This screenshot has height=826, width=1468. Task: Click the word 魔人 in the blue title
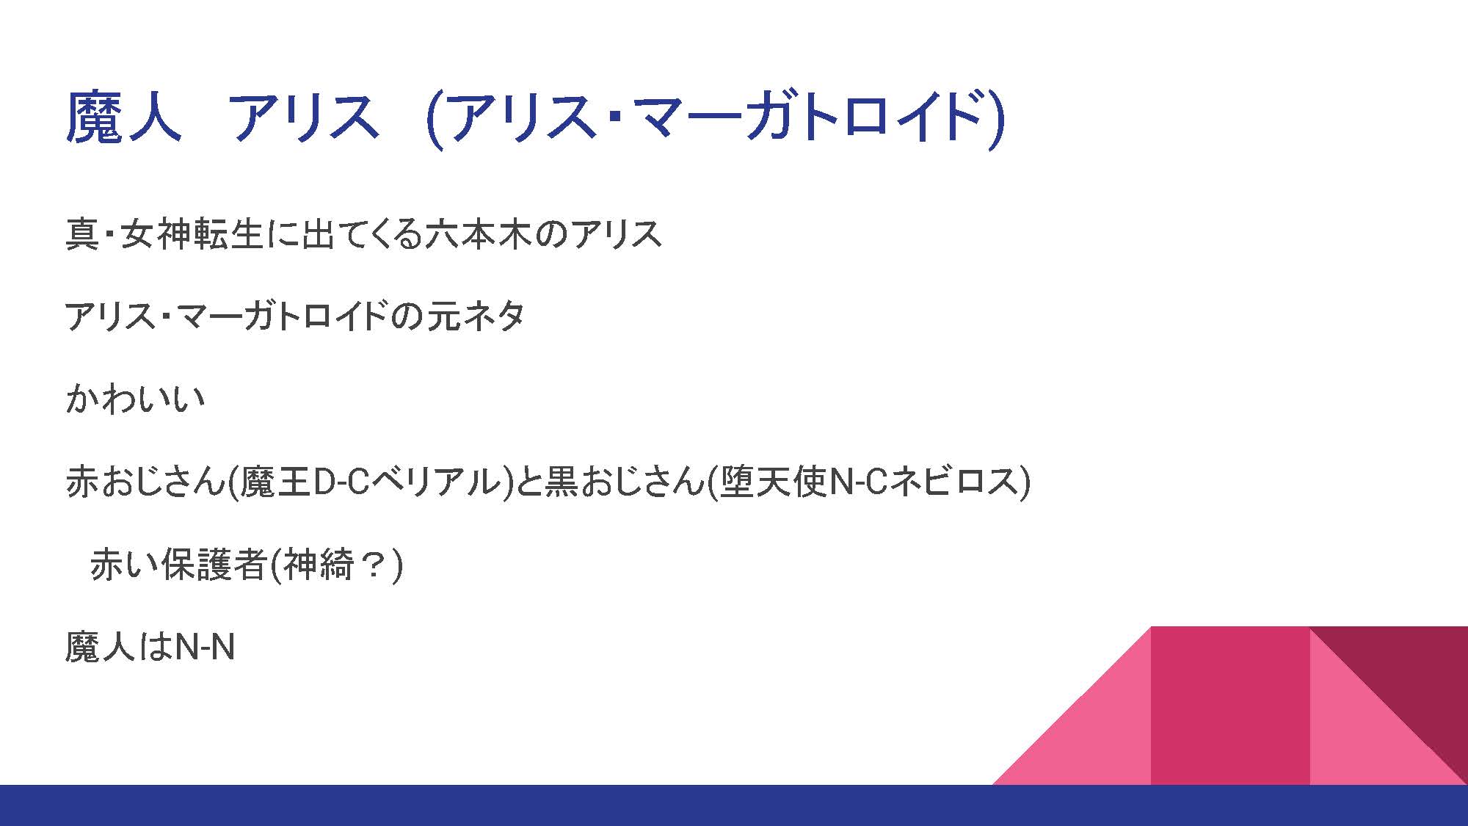[123, 117]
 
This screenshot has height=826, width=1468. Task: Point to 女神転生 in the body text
[192, 234]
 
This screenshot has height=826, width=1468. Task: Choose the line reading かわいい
[136, 399]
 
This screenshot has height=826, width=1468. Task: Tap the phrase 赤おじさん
[144, 482]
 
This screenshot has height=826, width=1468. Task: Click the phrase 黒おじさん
[623, 482]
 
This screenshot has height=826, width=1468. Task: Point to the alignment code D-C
[341, 482]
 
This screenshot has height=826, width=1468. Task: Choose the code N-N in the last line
[205, 647]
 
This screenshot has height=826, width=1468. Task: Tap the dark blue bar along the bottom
[734, 805]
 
